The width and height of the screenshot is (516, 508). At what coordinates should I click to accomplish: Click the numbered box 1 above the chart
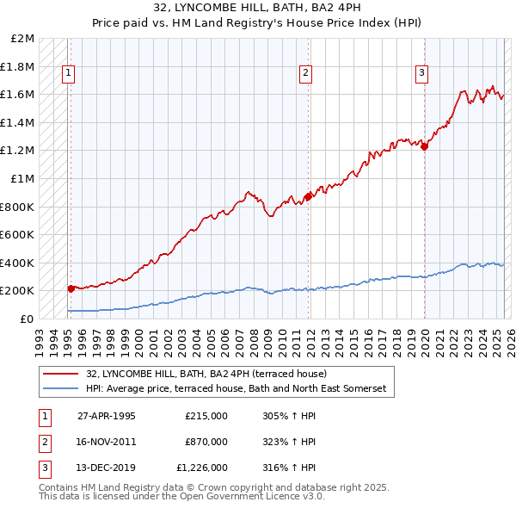click(67, 74)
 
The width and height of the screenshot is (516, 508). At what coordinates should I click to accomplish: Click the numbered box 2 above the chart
click(305, 74)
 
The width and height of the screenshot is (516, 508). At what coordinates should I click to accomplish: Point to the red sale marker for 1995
click(71, 289)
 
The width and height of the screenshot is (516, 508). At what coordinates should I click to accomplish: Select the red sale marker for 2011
click(308, 197)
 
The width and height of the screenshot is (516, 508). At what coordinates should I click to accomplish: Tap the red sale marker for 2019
click(424, 146)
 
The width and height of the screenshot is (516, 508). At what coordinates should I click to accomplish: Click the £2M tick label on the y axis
click(23, 39)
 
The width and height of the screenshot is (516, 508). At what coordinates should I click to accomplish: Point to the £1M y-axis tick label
click(23, 179)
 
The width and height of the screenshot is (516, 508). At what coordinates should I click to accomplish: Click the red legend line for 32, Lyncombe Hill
click(60, 375)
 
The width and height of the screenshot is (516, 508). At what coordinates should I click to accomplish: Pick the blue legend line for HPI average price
click(60, 389)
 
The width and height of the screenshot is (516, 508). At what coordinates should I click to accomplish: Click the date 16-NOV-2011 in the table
click(107, 442)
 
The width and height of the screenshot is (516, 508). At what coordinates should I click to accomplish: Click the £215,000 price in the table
click(206, 416)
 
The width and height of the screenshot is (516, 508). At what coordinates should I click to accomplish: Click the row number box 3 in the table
click(43, 468)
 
